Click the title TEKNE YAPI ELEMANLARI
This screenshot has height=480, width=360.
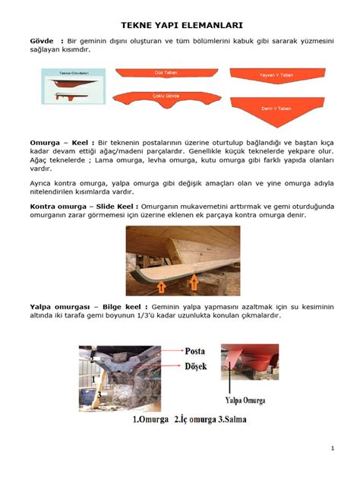tap(179, 26)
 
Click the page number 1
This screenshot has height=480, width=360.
tap(332, 450)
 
